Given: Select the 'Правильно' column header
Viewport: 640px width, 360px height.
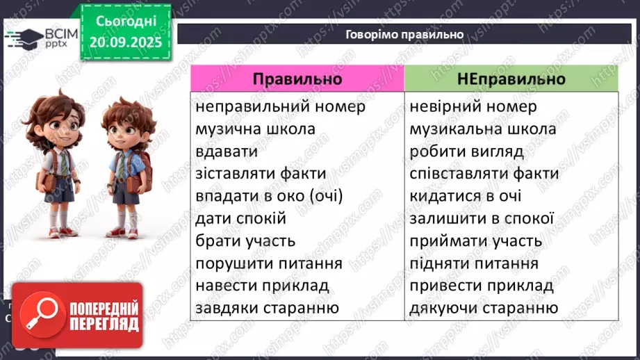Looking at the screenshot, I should point(297,79).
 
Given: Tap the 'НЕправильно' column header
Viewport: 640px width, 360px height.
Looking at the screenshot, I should point(511,79).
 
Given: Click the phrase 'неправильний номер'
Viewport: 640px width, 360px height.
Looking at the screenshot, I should point(281,107).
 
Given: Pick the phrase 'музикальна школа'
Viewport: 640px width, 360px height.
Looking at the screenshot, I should point(483,129).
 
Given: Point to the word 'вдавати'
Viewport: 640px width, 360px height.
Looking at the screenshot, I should point(227,152).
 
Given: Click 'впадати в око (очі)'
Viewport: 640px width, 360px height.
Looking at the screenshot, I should point(270,196).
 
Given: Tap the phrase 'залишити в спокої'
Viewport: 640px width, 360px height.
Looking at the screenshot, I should point(482,218).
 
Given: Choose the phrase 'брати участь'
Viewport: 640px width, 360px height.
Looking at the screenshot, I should point(245,241).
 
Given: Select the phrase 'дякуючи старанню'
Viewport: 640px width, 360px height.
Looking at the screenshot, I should point(484,308).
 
